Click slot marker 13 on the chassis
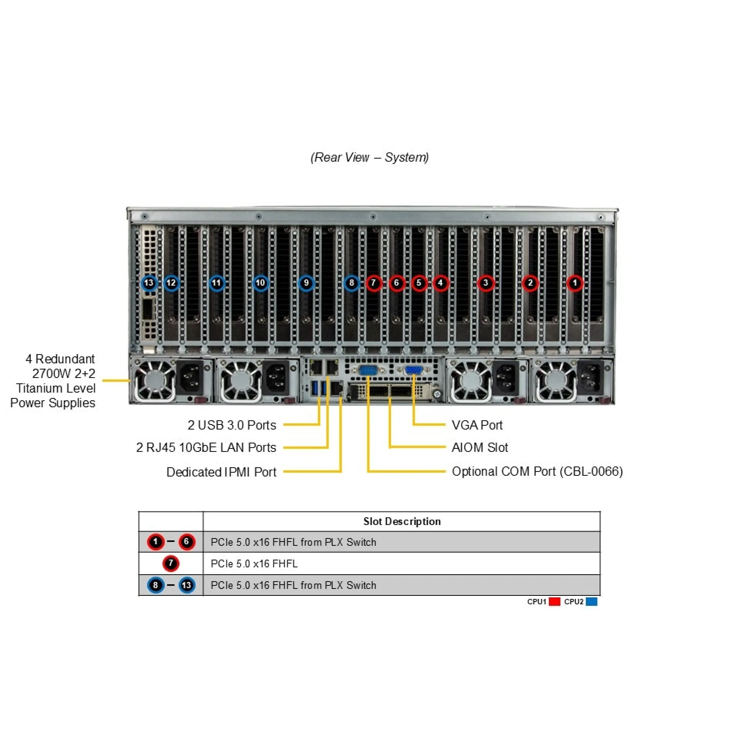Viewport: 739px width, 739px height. [149, 283]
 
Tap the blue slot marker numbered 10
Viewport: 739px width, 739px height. [261, 283]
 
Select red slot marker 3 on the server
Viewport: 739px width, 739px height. [486, 283]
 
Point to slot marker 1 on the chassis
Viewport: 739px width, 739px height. [575, 283]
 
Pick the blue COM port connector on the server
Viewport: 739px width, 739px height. [368, 370]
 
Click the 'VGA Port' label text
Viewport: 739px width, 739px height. [477, 425]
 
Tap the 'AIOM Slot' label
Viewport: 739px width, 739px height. [480, 447]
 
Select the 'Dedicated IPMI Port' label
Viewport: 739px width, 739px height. [221, 472]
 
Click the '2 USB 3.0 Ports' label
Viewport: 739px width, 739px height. [232, 425]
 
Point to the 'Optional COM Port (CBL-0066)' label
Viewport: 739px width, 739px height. [537, 471]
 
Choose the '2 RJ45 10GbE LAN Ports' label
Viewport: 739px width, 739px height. [206, 447]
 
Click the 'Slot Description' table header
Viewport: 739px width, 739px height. [402, 522]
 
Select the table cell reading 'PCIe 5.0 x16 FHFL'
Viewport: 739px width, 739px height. [254, 564]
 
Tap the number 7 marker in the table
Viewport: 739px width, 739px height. [171, 564]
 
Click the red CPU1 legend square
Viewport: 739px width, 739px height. [555, 602]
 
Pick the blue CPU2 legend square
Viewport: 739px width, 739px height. [592, 602]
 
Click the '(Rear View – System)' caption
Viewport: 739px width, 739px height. [369, 157]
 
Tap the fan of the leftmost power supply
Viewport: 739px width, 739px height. [154, 381]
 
